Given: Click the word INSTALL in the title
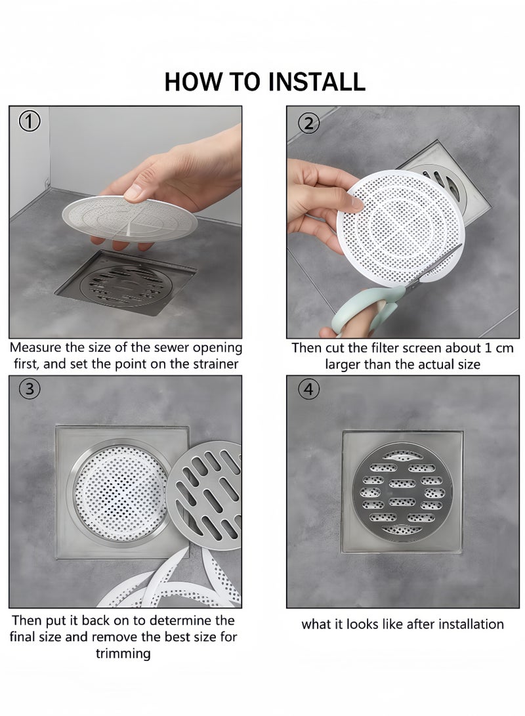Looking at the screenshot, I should [316, 81].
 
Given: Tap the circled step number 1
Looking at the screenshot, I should [30, 121].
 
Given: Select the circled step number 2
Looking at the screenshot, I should [308, 123].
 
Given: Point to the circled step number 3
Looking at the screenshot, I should [30, 389].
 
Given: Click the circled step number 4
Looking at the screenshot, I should [308, 389].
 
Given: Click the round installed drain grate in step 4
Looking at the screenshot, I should [402, 491].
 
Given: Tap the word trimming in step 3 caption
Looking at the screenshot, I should [123, 654].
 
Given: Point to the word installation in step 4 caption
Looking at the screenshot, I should [465, 624].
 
